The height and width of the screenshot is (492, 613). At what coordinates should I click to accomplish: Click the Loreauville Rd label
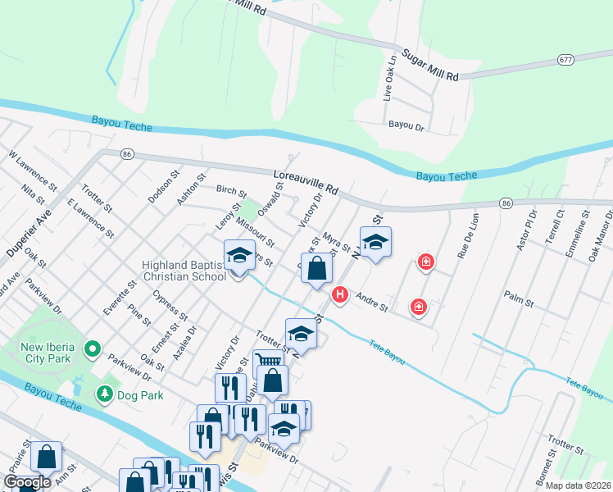click(306, 180)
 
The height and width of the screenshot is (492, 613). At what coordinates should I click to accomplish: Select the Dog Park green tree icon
click(104, 394)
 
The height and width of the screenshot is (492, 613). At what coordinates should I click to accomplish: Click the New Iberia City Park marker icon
click(92, 348)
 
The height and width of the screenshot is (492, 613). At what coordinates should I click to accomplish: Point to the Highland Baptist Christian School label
click(184, 271)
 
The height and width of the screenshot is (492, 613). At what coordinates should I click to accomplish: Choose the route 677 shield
click(565, 60)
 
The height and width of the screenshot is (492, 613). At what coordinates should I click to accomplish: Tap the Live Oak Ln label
click(390, 77)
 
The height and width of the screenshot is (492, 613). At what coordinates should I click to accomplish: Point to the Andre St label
click(371, 303)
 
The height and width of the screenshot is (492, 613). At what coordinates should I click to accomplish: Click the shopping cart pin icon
click(269, 361)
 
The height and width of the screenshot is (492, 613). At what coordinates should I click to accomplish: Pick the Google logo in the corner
click(27, 482)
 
